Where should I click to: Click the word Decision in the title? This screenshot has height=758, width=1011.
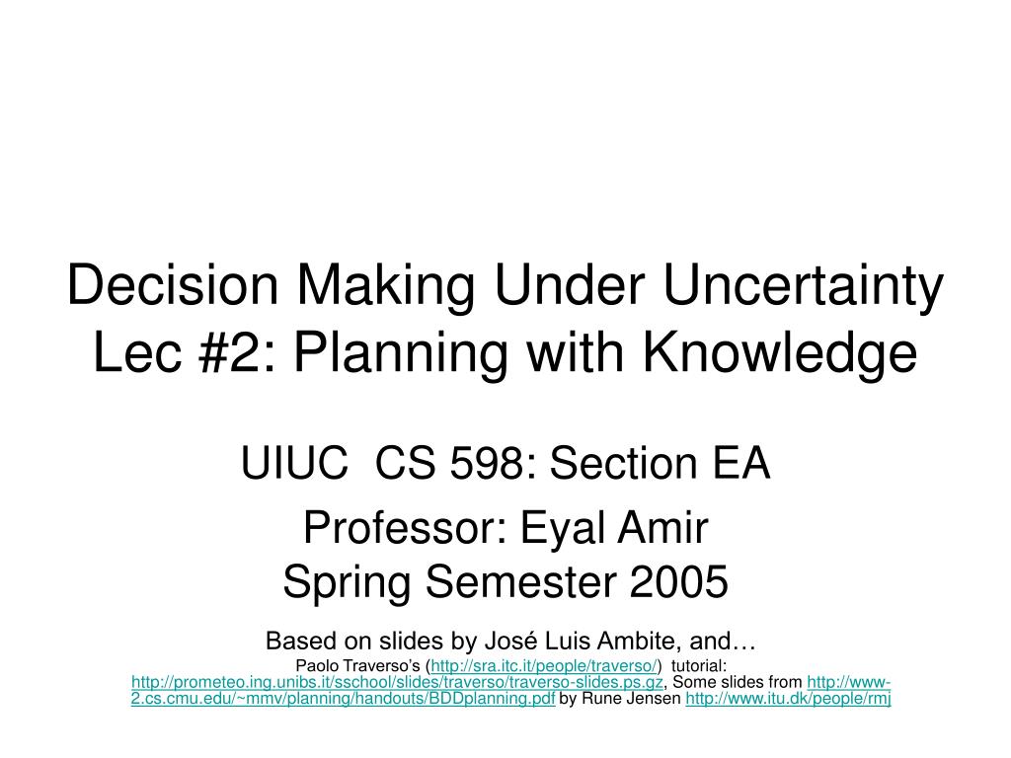tap(173, 284)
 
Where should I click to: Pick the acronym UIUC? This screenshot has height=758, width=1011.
tap(294, 463)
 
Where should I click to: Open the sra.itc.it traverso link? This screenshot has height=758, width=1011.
tap(544, 666)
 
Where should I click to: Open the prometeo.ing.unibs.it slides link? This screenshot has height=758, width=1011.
tap(397, 682)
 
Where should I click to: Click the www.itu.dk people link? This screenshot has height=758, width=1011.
tap(788, 698)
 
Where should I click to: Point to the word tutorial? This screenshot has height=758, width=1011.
tap(699, 665)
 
